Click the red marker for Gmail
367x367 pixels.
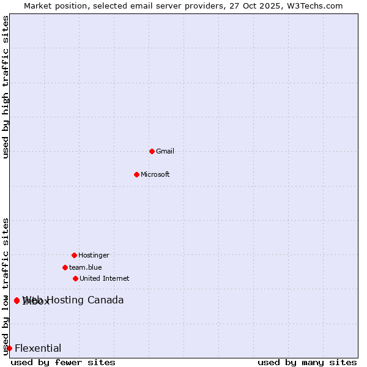[x=152, y=151]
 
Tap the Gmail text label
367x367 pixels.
[x=165, y=151]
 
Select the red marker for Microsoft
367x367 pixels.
[x=136, y=174]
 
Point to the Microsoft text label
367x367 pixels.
[x=155, y=174]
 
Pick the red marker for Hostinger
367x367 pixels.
[x=74, y=255]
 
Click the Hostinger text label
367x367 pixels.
[x=94, y=255]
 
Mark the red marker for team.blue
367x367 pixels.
[x=65, y=267]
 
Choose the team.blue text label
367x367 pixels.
[x=86, y=267]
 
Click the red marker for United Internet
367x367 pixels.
[x=75, y=278]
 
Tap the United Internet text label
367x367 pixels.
[x=105, y=278]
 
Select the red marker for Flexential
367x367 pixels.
[x=9, y=349]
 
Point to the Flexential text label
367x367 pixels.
[x=38, y=349]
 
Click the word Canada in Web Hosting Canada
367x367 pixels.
[x=106, y=300]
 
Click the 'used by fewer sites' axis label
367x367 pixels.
[x=63, y=362]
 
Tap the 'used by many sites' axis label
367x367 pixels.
[x=307, y=362]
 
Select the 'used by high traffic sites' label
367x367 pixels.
[x=6, y=87]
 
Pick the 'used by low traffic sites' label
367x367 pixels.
[x=6, y=286]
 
